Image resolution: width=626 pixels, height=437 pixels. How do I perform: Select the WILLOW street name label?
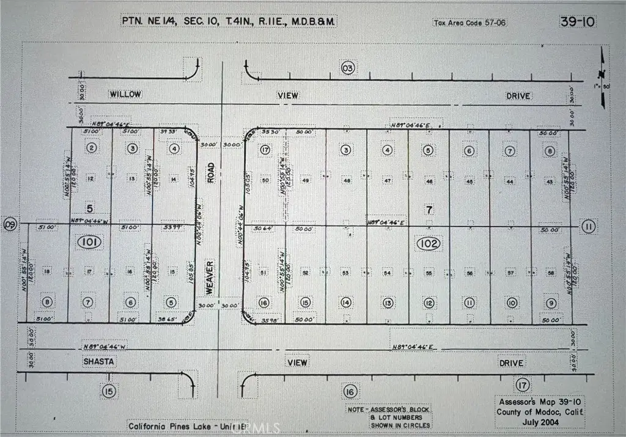coord(125,95)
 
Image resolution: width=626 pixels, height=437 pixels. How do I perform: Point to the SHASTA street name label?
coord(98,362)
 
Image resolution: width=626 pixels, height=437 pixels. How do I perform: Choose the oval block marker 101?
coord(89,242)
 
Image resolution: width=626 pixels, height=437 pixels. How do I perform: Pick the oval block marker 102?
coord(429,243)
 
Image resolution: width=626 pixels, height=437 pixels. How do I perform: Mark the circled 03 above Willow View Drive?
coord(348,68)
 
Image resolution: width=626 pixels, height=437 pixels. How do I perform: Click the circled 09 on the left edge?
coord(10,224)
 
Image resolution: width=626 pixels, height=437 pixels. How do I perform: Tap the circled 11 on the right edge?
coord(588,227)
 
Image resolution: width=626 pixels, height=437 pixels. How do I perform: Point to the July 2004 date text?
coord(540,422)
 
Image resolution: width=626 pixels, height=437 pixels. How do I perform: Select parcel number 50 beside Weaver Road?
coord(265,180)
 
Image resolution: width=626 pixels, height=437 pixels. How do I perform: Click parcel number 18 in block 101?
coord(47,271)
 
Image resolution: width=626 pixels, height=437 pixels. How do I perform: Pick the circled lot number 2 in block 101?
coord(92,148)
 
